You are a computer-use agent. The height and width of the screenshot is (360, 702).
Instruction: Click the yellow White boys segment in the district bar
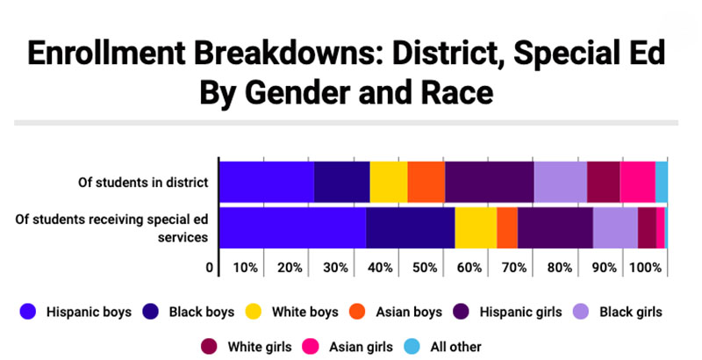coord(389,182)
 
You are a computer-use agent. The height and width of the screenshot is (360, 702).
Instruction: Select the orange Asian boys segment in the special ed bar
coord(507,227)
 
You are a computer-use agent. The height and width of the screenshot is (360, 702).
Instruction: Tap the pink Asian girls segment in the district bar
coord(638,182)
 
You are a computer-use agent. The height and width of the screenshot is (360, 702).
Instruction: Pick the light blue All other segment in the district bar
coord(662,182)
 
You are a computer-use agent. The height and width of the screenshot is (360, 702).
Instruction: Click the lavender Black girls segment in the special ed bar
coord(616,227)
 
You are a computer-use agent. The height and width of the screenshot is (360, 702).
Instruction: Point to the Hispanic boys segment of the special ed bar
coord(293,227)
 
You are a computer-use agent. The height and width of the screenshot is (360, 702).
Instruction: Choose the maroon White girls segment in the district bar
coord(604,182)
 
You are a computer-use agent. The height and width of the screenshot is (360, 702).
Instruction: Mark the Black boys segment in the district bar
coord(342,182)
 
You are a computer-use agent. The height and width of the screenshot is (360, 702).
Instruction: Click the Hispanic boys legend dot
coord(28,312)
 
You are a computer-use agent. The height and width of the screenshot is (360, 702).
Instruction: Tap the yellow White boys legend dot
coord(254,312)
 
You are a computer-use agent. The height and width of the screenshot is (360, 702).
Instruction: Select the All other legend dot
coord(412,347)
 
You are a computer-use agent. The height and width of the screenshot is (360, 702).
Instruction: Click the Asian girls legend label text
coord(361,347)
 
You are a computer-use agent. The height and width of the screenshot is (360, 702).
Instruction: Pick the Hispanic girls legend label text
coord(520,312)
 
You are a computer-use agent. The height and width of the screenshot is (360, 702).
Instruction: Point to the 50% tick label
coord(425,268)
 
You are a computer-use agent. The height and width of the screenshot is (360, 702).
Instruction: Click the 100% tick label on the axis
coord(645,268)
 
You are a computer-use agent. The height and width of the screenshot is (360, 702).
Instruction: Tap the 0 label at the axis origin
coord(210,268)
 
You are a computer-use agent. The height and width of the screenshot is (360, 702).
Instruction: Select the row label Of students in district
coord(143,183)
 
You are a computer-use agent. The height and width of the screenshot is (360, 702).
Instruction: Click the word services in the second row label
coord(183,237)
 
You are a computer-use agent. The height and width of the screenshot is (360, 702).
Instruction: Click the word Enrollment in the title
coord(106,53)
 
